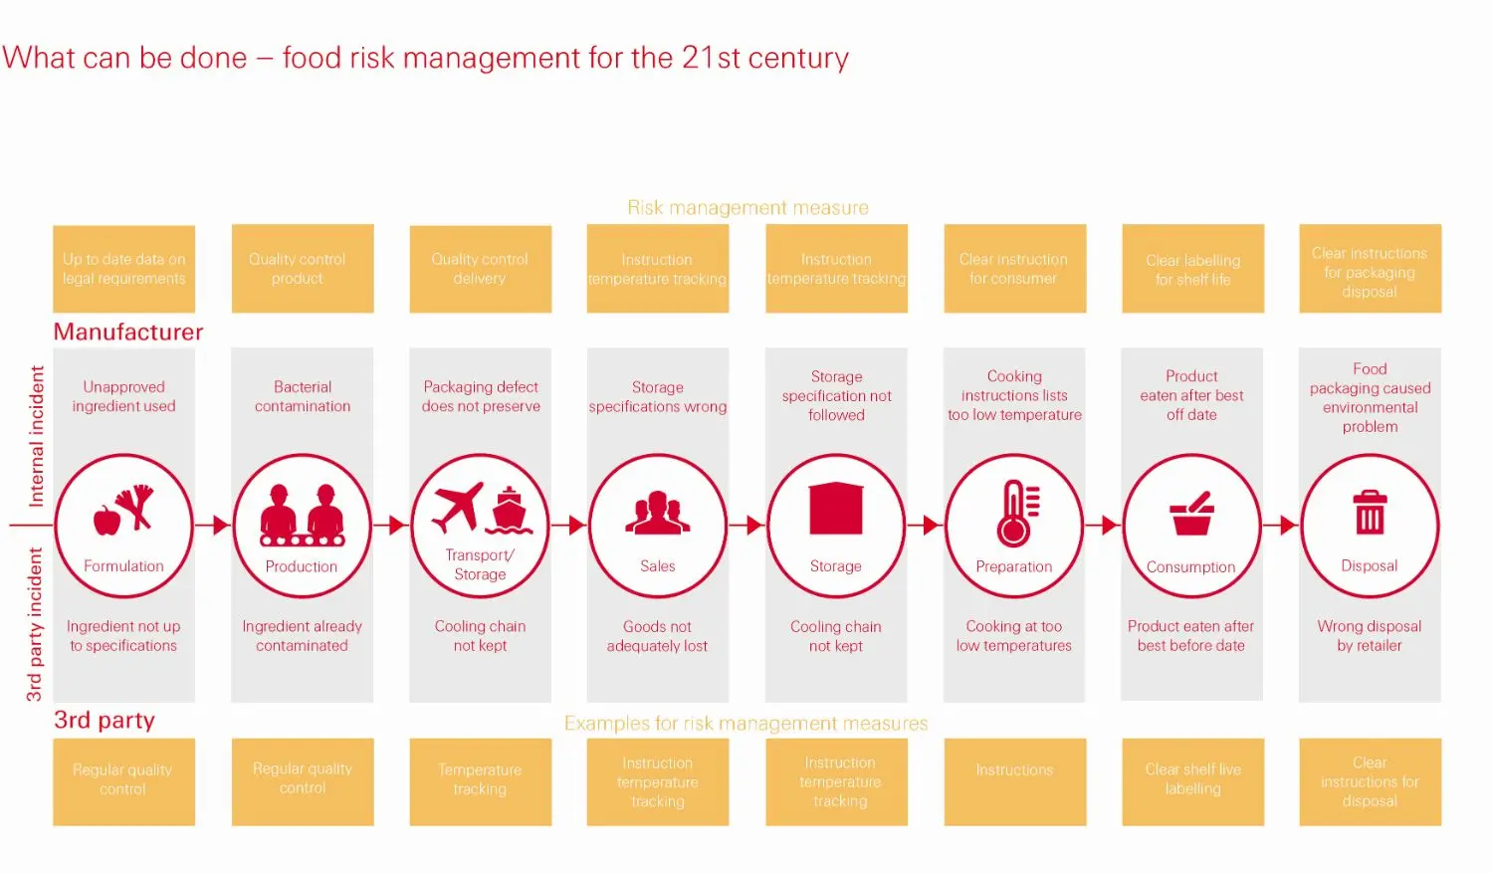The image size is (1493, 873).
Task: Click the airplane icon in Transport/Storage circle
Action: pos(458,506)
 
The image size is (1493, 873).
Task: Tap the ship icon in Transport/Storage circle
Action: pos(509,511)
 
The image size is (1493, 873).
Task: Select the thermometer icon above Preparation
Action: pos(1016,513)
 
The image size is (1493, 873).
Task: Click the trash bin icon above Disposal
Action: pos(1370,512)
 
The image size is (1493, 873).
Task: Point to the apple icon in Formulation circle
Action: pos(107,519)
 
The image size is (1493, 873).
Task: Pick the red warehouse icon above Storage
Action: pos(836,510)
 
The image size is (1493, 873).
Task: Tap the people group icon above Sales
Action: pos(657,513)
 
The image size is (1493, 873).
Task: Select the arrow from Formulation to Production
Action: pos(213,525)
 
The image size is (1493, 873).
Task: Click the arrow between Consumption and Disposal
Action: pos(1281,525)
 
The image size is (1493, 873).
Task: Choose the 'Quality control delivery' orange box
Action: pos(480,269)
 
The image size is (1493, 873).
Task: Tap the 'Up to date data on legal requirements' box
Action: pos(123,269)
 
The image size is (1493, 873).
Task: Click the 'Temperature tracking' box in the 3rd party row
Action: pos(480,780)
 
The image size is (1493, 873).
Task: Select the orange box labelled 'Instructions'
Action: pos(1014,780)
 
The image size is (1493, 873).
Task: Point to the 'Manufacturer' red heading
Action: pos(128,331)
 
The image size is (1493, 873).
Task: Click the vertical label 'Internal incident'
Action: pos(37,436)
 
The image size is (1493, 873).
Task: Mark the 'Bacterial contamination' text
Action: pos(303,396)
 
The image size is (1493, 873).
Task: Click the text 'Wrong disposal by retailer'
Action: pos(1370,636)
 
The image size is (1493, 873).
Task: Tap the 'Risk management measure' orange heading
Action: pos(747,207)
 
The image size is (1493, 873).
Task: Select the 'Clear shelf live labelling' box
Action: pos(1192,780)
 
